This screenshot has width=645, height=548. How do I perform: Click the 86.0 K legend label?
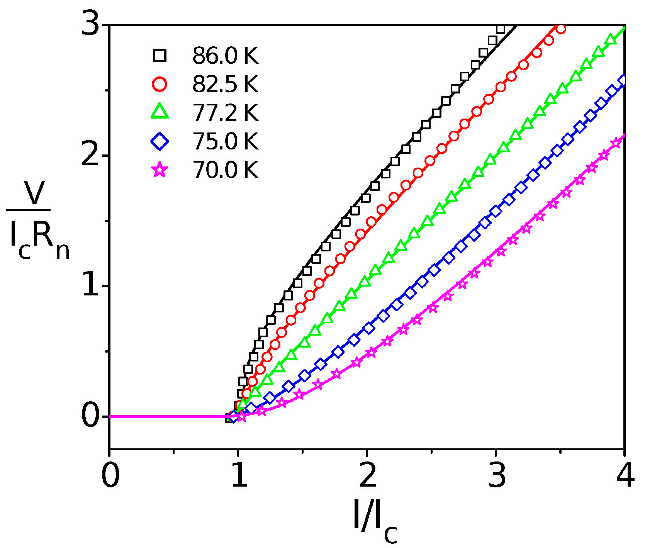[x=225, y=56]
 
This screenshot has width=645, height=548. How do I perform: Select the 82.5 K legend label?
[x=225, y=84]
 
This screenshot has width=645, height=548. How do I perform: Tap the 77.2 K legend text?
[x=225, y=113]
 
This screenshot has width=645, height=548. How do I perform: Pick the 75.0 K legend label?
[x=225, y=141]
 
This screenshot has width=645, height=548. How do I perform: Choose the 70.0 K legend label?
[x=225, y=170]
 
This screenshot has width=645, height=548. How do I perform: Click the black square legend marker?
[x=160, y=56]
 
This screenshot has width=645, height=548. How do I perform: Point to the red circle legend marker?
[x=160, y=84]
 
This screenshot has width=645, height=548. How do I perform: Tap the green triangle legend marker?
[x=160, y=112]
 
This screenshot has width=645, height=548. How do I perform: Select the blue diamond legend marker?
[x=160, y=141]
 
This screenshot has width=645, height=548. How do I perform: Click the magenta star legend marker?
[x=160, y=170]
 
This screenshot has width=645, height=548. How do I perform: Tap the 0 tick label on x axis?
[x=110, y=476]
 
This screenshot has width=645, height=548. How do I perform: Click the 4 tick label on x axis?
[x=625, y=476]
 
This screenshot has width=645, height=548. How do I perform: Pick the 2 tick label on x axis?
[x=367, y=476]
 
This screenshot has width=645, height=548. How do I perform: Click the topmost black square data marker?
[x=501, y=29]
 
